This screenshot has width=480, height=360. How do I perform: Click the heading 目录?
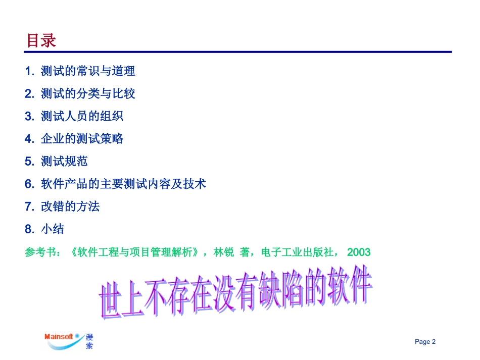41,41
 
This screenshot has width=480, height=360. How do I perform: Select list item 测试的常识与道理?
88,71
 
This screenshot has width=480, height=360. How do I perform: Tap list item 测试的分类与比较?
88,94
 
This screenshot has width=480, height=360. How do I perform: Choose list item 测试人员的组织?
82,116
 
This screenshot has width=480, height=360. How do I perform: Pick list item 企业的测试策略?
82,139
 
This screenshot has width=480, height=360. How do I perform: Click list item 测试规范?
64,161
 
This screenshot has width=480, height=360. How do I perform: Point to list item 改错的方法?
70,207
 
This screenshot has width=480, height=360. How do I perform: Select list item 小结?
53,229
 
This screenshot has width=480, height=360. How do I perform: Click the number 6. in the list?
29,184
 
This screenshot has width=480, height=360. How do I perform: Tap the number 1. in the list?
29,71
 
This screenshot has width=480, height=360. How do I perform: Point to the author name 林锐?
224,252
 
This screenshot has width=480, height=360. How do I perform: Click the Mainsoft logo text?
59,337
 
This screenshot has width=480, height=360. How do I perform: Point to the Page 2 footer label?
425,342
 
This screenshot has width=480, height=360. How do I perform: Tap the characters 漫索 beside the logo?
89,341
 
